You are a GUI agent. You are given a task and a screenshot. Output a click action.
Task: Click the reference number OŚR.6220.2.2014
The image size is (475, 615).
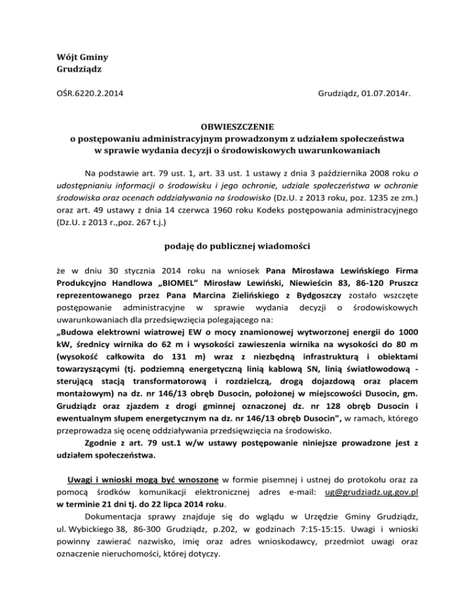[85, 94]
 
